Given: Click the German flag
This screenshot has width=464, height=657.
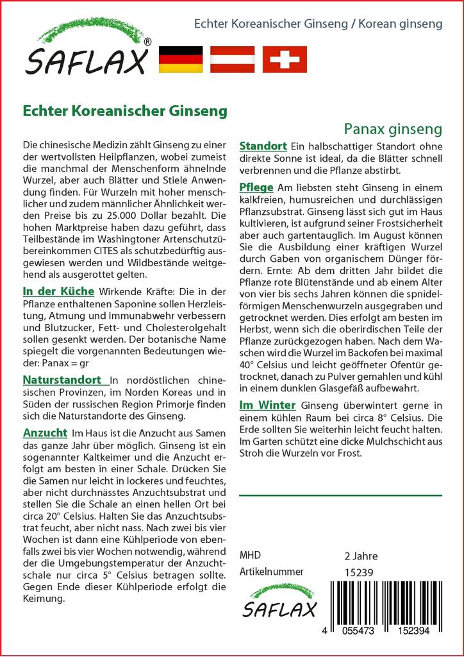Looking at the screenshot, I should point(180,59).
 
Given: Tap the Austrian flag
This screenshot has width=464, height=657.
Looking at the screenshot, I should point(233,59).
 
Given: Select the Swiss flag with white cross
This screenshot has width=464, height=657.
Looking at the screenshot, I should point(285,59).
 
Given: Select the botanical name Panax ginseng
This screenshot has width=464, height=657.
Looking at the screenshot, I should point(393,129).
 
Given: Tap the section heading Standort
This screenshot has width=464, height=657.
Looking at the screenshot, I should point(263,146).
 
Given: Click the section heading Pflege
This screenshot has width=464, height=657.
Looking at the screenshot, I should point(256,187).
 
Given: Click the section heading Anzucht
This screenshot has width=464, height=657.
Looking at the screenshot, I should point(45,432).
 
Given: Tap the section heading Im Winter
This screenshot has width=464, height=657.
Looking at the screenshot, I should point(267,405).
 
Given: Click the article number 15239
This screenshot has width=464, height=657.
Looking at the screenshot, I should point(358,572).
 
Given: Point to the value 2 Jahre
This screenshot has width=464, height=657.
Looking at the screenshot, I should point(361,556).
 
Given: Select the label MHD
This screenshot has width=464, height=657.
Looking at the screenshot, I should point(250,556).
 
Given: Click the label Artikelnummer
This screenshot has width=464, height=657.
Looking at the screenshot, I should point(271,572).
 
